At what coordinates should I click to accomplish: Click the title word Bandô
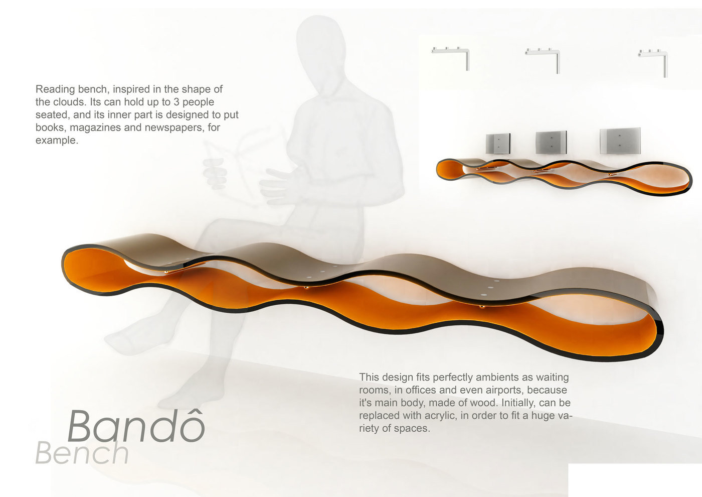tap(136, 426)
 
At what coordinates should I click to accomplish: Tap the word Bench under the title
tap(82, 452)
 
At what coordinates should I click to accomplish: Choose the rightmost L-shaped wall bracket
tap(653, 62)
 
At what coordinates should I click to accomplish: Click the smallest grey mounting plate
tap(498, 144)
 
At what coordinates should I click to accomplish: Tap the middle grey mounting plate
tap(551, 142)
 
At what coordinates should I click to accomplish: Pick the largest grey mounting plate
tap(620, 141)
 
